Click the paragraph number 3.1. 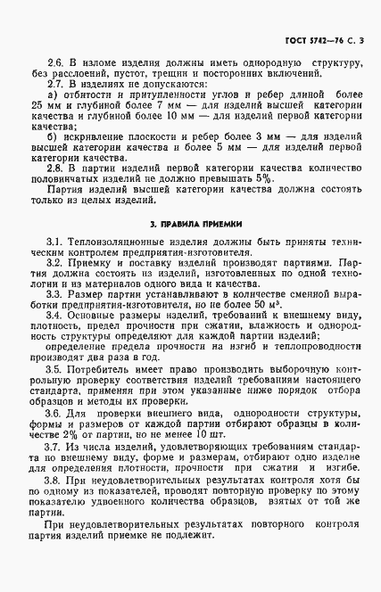coord(54,243)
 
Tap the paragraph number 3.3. coord(54,293)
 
